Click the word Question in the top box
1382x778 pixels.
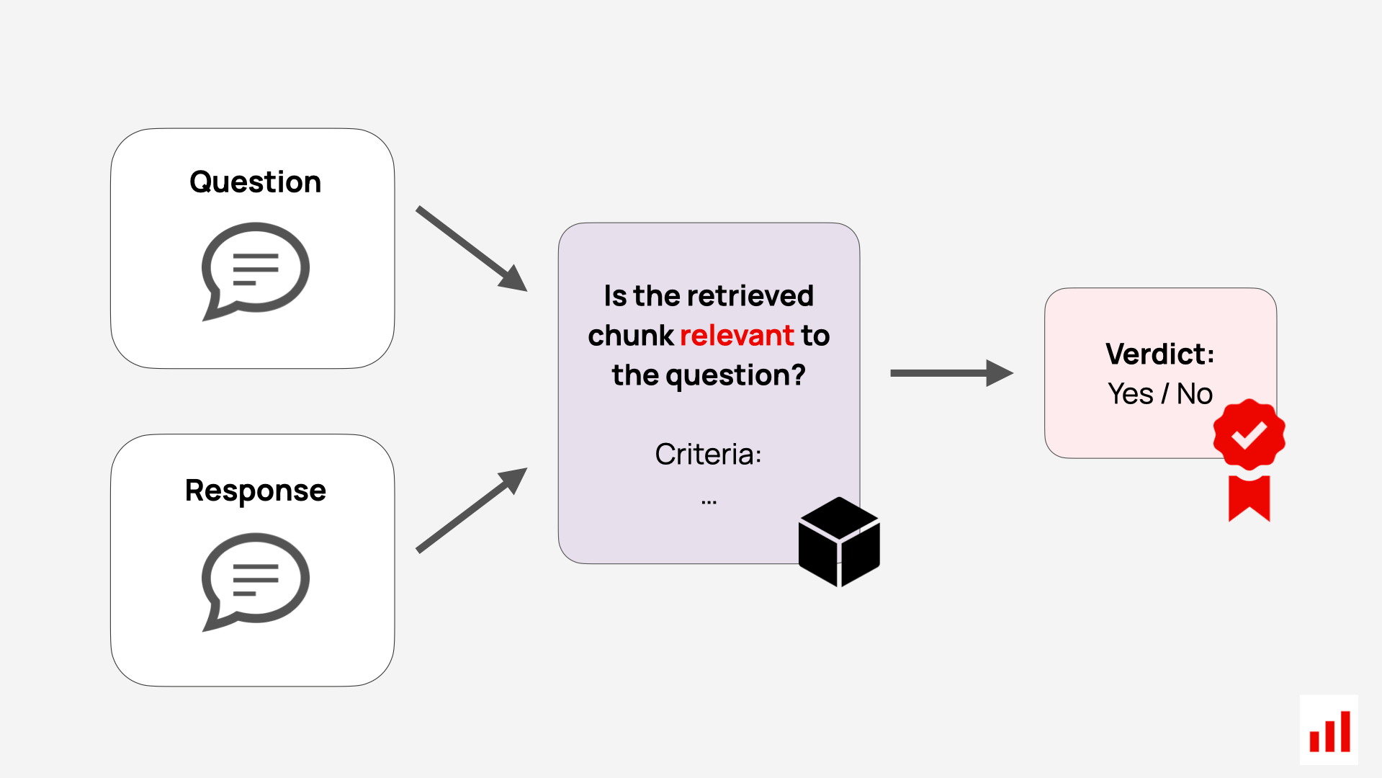pyautogui.click(x=255, y=182)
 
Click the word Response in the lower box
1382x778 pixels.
pyautogui.click(x=255, y=491)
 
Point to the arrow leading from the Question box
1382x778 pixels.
pyautogui.click(x=472, y=249)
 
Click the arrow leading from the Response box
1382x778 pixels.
pyautogui.click(x=472, y=510)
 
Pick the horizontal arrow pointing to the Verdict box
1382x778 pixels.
pyautogui.click(x=951, y=373)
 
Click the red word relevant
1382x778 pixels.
pyautogui.click(x=736, y=336)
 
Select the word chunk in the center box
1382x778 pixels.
pyautogui.click(x=630, y=336)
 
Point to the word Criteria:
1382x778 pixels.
pyautogui.click(x=708, y=455)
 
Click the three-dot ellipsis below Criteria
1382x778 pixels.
pyautogui.click(x=709, y=502)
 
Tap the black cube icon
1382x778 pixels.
pyautogui.click(x=839, y=542)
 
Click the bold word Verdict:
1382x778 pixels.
pyautogui.click(x=1159, y=354)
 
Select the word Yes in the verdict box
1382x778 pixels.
pyautogui.click(x=1130, y=394)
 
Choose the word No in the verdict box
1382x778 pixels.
pyautogui.click(x=1194, y=394)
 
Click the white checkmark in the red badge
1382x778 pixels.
pyautogui.click(x=1249, y=434)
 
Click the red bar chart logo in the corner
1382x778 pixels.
pyautogui.click(x=1329, y=731)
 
